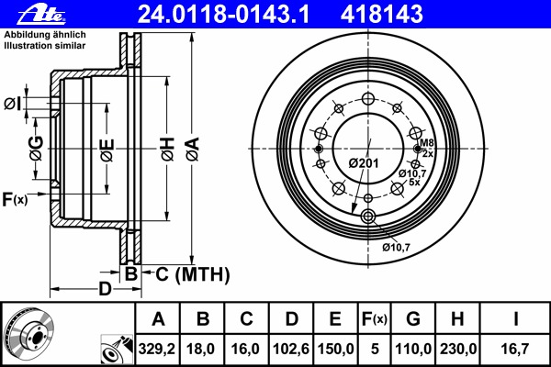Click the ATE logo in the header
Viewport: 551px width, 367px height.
pos(41,16)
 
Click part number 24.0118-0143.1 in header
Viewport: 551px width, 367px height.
pos(223,15)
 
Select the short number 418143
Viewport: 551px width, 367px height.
pos(381,15)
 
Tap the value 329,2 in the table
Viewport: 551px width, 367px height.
pos(157,349)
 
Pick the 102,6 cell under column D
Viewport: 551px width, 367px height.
pos(291,349)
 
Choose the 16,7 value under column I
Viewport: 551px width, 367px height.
pos(514,349)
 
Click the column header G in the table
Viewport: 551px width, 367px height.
pos(413,319)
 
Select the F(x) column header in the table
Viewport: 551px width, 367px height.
pos(375,319)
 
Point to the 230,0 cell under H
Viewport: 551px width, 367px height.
pos(458,349)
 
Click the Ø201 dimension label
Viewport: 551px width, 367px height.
pos(364,163)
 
